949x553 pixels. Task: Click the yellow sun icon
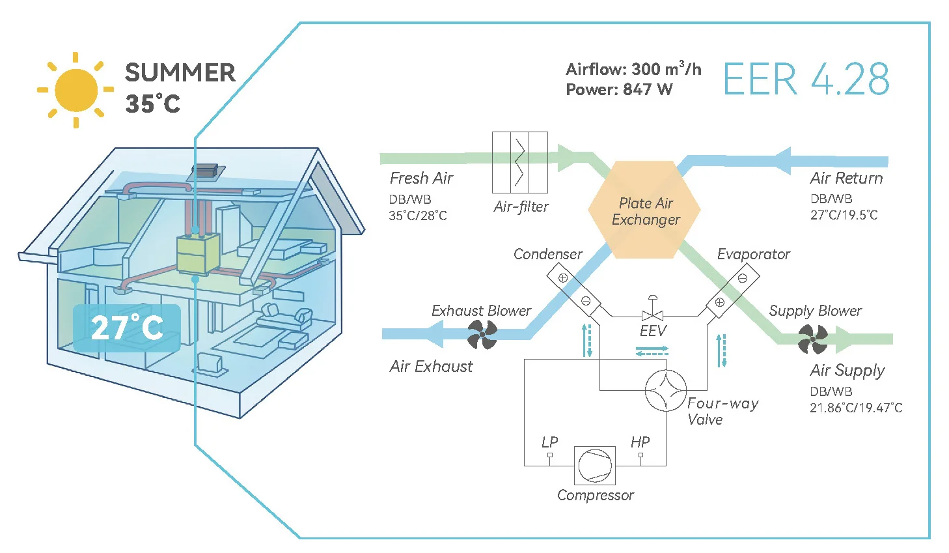coord(76,90)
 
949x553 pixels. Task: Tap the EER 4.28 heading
coord(806,80)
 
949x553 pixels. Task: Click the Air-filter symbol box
coord(519,162)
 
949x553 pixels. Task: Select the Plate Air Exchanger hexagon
coord(644,210)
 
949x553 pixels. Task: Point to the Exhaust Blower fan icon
coord(482,335)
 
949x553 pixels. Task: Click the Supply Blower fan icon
coord(812,339)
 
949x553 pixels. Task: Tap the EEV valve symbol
coord(652,315)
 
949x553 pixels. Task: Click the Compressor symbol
coord(594,465)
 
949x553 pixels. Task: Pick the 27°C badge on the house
coord(127,328)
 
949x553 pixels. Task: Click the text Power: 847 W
coord(618,90)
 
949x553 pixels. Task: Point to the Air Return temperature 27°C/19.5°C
coord(844,215)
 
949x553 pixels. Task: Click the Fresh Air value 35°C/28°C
coord(418,216)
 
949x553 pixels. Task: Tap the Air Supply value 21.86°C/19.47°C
coord(855,408)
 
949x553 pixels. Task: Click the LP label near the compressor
coord(549,442)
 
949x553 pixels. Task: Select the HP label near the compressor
coord(640,442)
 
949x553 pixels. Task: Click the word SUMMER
coord(180,73)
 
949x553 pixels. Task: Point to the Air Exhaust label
coord(431,367)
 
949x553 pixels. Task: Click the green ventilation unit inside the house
coord(198,254)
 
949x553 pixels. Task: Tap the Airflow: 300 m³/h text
coord(633,69)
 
